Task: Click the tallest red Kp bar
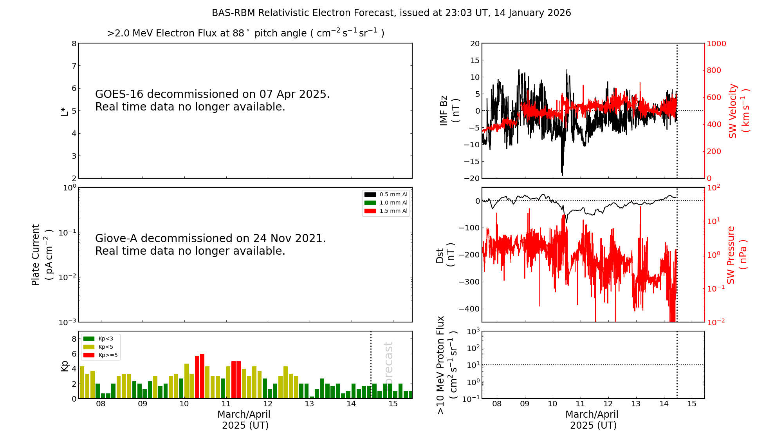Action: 202,376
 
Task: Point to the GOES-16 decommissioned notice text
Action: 212,100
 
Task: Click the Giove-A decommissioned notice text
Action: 210,244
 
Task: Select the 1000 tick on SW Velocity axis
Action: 716,43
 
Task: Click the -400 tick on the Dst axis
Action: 469,309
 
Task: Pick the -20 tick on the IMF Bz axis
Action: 471,178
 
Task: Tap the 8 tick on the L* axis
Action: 74,43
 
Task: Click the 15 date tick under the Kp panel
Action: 393,404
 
